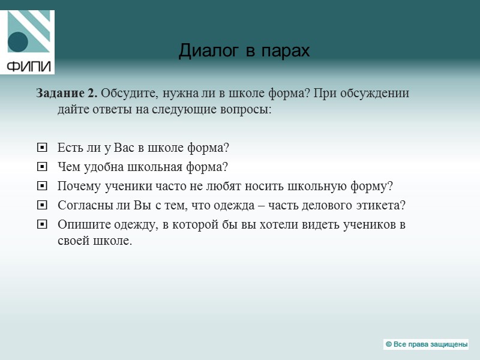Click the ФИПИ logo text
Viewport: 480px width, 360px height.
coord(29,65)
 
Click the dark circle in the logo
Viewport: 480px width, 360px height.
coord(18,42)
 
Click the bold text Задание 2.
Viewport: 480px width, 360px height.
coord(67,94)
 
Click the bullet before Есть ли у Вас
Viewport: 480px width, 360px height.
coord(41,148)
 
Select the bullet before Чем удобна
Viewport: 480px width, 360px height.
coord(41,167)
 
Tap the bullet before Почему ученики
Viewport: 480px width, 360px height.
coord(41,186)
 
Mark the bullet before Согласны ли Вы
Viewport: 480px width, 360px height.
coord(41,205)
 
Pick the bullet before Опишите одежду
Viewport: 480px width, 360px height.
coord(41,224)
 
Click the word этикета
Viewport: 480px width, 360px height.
coord(382,205)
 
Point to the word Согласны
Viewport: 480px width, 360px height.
coord(83,205)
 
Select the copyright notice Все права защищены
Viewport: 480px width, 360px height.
coord(426,344)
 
